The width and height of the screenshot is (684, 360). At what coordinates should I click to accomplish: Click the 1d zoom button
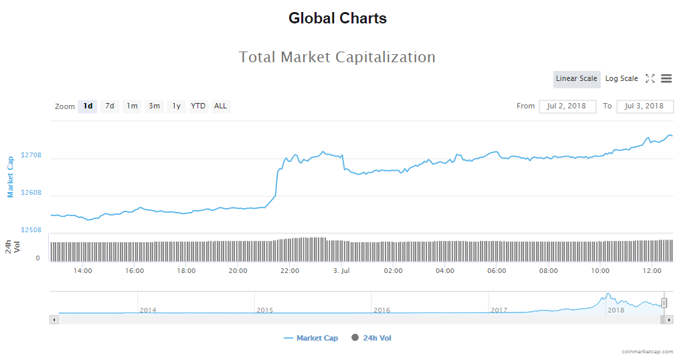coord(88,106)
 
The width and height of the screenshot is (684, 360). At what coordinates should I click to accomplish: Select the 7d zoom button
coord(110,106)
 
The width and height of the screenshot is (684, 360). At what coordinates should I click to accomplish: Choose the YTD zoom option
coord(198,106)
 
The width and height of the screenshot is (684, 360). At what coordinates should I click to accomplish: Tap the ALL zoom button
coord(220,106)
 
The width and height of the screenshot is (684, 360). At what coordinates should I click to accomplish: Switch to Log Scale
coord(621,79)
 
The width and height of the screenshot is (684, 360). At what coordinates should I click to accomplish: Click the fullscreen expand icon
coord(650,79)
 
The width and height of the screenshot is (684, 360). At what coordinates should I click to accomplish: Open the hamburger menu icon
coord(666,79)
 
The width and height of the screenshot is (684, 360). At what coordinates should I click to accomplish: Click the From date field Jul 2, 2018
coord(567,106)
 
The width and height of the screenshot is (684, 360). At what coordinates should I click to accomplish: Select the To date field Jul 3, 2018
coord(645,106)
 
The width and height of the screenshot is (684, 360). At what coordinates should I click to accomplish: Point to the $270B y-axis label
coord(31,155)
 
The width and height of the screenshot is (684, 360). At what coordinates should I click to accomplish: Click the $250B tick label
coord(31,230)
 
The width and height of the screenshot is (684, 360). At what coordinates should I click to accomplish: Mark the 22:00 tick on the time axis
coord(290,271)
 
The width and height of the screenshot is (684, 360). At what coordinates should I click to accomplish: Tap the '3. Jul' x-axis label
coord(341,271)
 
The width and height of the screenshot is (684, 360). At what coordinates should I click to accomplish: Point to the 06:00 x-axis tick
coord(497,271)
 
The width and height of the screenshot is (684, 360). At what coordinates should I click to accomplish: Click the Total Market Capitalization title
coord(337,58)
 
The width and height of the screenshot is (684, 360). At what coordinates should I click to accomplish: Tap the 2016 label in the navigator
coord(381,310)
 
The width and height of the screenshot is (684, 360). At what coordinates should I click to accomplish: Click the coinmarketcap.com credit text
coord(647,351)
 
